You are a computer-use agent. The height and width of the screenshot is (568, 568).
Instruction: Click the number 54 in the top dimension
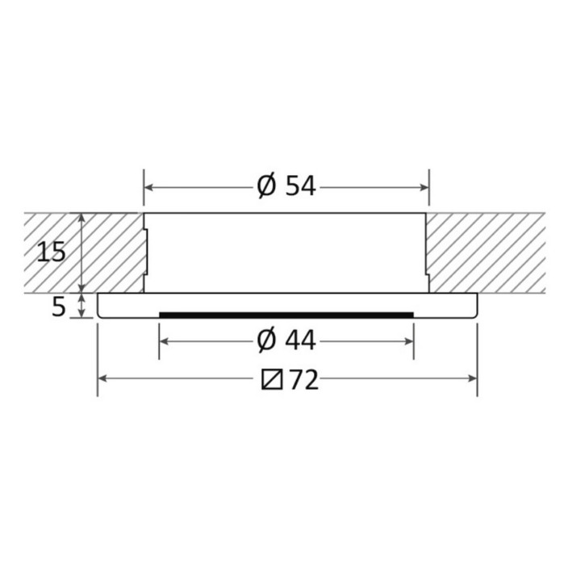point(301,186)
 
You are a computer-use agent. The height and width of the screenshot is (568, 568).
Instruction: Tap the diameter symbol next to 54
point(267,186)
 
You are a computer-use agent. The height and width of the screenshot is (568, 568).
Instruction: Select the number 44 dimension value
point(301,340)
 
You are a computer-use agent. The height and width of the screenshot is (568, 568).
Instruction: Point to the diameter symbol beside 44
point(267,340)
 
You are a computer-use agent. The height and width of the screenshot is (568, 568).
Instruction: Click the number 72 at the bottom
point(304,380)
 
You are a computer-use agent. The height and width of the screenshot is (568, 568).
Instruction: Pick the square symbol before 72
point(272,379)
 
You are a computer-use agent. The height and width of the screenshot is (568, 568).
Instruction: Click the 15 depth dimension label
point(52,252)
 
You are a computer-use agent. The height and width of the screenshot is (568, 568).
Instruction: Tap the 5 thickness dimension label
point(59,307)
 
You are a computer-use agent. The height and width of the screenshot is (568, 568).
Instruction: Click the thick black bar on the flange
point(286,315)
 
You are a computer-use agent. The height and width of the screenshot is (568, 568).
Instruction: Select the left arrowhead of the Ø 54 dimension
point(148,187)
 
